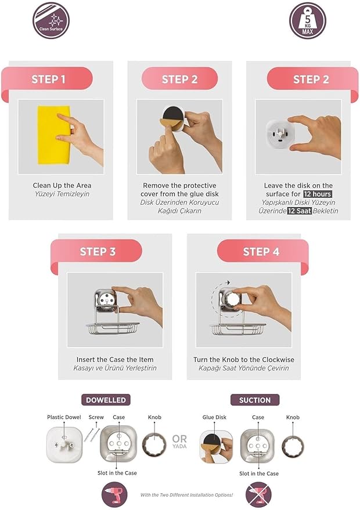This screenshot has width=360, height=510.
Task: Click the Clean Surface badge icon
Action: [51, 20]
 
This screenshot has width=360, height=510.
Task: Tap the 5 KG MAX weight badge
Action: [308, 20]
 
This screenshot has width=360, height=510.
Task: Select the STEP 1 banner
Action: [47, 79]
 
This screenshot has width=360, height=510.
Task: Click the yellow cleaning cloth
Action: [54, 135]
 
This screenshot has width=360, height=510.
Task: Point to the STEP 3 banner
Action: [96, 251]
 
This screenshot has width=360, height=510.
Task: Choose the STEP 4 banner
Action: [262, 251]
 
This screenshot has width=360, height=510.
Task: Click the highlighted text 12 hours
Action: [318, 194]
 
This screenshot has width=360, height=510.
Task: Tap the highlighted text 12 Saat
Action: [300, 211]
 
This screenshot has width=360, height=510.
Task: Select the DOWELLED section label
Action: [106, 400]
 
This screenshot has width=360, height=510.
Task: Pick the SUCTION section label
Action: [255, 400]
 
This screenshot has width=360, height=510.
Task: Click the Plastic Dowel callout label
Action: [64, 417]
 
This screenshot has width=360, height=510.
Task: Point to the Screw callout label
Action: [96, 417]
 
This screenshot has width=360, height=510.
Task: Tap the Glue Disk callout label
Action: [214, 417]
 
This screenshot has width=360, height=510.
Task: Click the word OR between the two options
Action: [179, 439]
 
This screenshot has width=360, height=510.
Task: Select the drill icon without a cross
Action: [114, 494]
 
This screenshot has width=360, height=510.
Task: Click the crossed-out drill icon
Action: [258, 495]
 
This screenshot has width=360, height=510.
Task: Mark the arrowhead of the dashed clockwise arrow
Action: [229, 283]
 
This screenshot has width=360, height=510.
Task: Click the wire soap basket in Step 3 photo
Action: [113, 328]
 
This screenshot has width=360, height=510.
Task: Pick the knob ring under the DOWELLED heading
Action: [154, 445]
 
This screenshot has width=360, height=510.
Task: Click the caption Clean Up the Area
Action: [62, 186]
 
